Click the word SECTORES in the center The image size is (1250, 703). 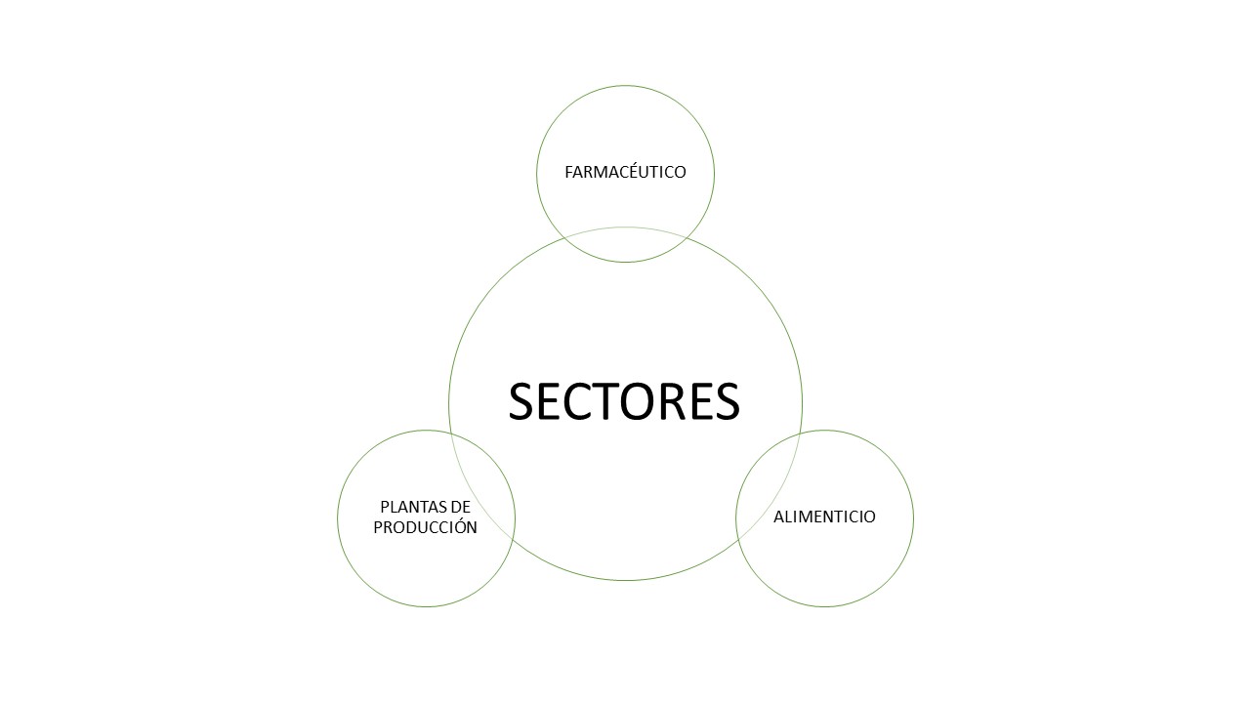tap(624, 401)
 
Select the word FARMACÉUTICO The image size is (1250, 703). tap(625, 172)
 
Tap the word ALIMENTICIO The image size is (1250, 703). tap(824, 517)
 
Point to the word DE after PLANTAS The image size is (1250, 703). tap(461, 507)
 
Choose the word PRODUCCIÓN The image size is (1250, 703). tap(425, 526)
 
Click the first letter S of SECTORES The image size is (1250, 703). tap(521, 401)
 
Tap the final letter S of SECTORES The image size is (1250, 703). tap(728, 401)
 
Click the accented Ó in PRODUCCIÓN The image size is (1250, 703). tap(459, 525)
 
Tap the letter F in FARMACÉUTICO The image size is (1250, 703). tap(568, 172)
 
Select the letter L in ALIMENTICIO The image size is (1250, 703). tap(787, 517)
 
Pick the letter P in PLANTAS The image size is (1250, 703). tap(385, 507)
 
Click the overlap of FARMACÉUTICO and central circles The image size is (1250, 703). tap(625, 244)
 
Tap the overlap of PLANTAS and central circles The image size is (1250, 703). tap(481, 490)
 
